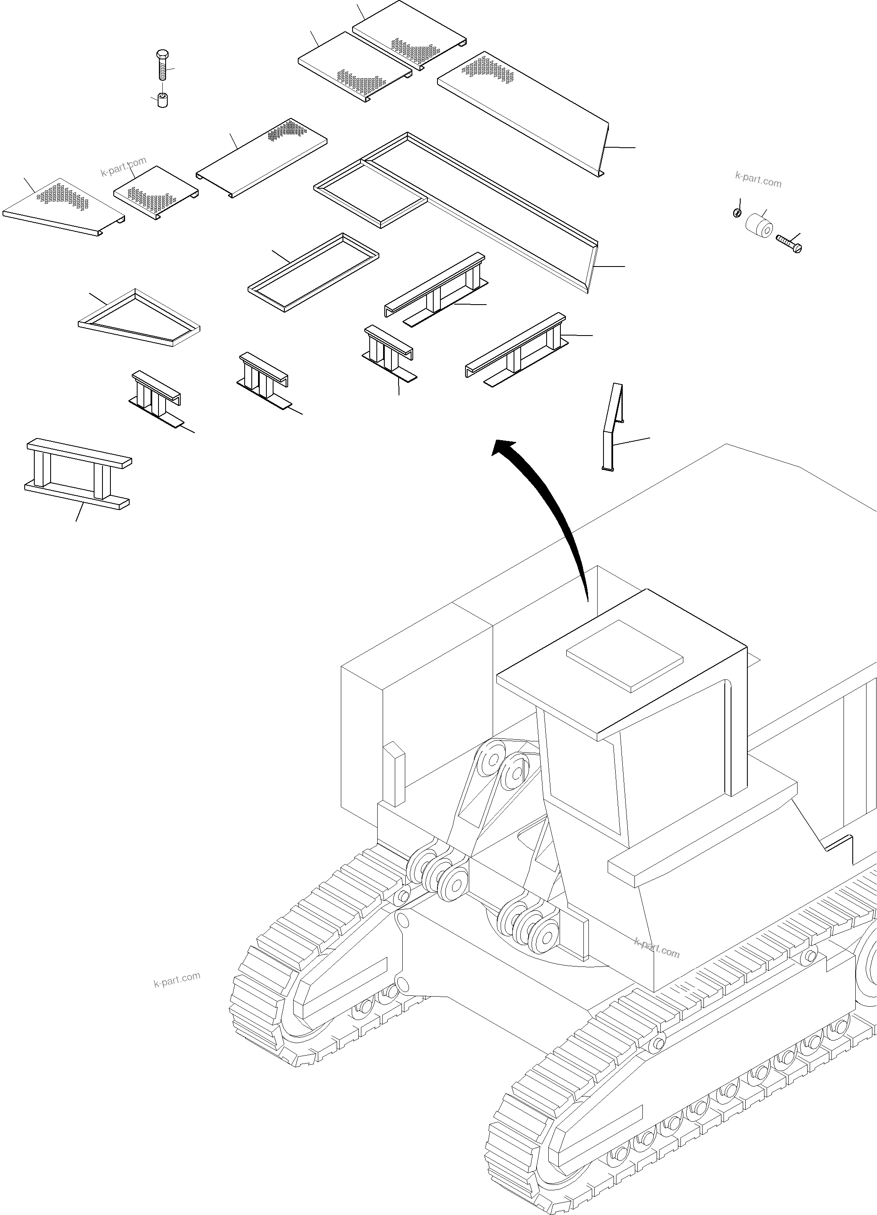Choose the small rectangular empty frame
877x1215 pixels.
pyautogui.click(x=313, y=272)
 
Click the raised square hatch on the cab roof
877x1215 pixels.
pyautogui.click(x=624, y=655)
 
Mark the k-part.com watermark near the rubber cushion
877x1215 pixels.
pyautogui.click(x=758, y=179)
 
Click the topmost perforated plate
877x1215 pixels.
pyautogui.click(x=409, y=34)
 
